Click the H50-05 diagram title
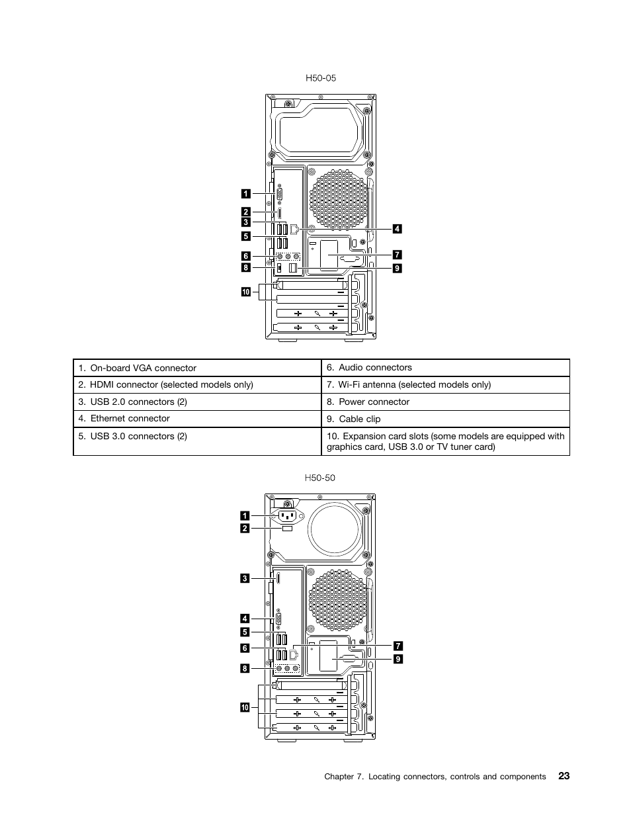coord(321,78)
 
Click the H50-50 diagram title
coord(320,478)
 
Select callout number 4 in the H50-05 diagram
coord(397,229)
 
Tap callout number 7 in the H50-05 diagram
coord(397,255)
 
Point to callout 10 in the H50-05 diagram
coord(245,292)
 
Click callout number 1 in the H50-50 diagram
coord(245,515)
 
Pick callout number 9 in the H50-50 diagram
coord(398,659)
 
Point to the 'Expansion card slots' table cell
coord(446,441)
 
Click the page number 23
coord(563,776)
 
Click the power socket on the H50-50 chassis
coord(289,516)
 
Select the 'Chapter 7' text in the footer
coord(342,777)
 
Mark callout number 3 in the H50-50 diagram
coord(245,579)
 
